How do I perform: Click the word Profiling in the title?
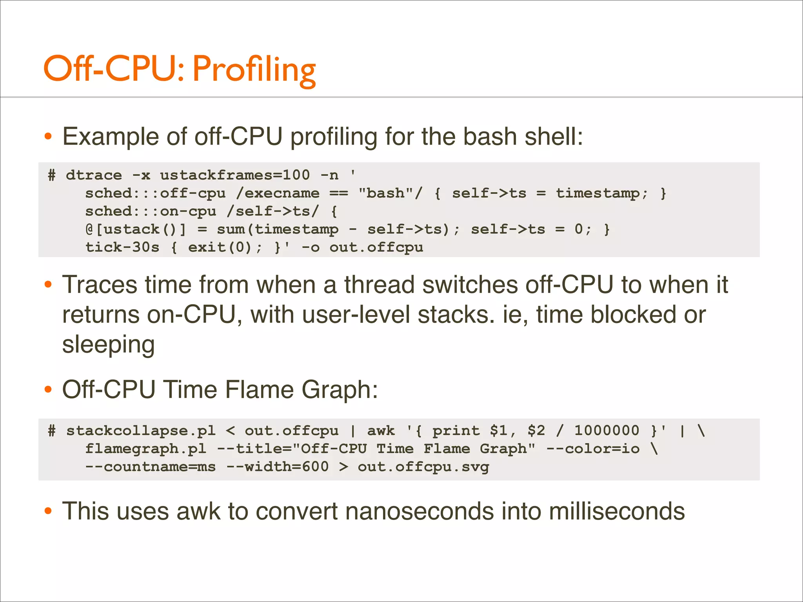pos(254,70)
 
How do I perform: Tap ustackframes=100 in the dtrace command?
pos(235,175)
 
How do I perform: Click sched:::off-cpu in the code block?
pos(155,193)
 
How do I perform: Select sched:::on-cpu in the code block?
pos(151,211)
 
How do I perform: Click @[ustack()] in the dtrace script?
pos(136,229)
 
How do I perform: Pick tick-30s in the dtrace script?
pos(122,247)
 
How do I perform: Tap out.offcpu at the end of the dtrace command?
pos(376,247)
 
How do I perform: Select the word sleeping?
pos(109,345)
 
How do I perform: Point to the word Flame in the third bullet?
pos(259,390)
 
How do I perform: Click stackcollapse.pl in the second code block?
pos(141,431)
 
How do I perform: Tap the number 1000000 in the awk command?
pos(607,430)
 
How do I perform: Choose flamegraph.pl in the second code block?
pos(145,448)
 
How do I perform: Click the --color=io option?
pos(593,448)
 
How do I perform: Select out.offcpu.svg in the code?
pos(423,467)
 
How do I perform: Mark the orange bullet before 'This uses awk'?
pos(48,511)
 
